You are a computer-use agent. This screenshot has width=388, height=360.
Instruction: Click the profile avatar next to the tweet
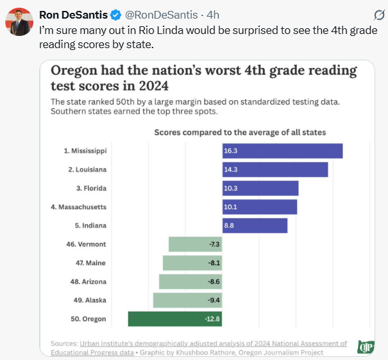(x=19, y=22)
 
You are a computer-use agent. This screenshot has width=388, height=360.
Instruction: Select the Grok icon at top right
(x=379, y=15)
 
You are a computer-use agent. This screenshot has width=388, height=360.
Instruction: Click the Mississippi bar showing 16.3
(x=282, y=151)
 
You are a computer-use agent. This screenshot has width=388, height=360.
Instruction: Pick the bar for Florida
(x=260, y=188)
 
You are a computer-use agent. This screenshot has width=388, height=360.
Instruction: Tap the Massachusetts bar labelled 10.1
(x=259, y=207)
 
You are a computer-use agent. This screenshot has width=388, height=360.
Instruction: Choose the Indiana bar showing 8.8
(x=255, y=226)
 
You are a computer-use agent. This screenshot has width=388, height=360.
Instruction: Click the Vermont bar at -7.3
(x=195, y=244)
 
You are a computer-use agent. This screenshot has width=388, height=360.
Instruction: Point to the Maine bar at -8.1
(x=192, y=263)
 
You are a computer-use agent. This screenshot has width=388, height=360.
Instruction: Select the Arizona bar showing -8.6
(x=190, y=282)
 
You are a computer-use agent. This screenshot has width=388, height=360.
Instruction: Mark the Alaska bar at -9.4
(x=187, y=300)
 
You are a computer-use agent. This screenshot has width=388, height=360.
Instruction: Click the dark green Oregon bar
(x=174, y=319)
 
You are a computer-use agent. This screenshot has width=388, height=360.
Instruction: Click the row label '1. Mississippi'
(x=85, y=151)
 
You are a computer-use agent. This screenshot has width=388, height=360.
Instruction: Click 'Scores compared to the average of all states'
(x=240, y=132)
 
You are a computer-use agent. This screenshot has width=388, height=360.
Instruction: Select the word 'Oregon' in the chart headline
(x=74, y=71)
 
